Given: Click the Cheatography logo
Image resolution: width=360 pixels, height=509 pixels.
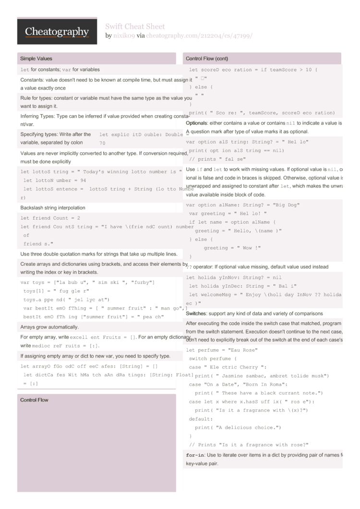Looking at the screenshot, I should point(57,32).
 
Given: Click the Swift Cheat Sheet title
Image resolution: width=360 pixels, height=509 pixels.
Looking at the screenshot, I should point(135,26).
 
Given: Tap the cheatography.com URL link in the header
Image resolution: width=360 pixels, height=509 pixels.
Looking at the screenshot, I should point(199,36).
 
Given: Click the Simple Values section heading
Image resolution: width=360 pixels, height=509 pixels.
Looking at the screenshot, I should point(36,59).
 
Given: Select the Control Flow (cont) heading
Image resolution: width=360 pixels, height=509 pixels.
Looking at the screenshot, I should point(207,59).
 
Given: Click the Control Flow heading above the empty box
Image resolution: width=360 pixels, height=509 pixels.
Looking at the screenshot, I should point(34,400).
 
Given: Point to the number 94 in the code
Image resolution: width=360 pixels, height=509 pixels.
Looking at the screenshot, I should point(83,180).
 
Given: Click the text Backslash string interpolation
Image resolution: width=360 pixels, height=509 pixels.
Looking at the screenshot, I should point(53,208).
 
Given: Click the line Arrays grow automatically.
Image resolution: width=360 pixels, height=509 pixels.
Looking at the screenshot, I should point(49,327).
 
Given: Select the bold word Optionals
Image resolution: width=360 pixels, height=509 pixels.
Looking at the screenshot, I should point(196,123).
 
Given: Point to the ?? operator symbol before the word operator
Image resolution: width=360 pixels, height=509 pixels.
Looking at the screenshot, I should point(189,267).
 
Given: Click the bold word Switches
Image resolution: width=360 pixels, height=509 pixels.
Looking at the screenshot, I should point(196,313).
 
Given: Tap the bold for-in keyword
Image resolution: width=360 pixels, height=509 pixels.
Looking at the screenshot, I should point(194,455).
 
